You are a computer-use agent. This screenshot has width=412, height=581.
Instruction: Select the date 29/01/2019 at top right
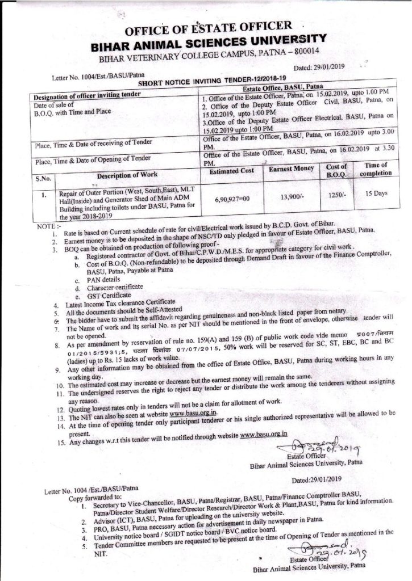pos(334,67)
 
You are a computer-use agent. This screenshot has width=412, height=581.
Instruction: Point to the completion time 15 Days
pos(376,193)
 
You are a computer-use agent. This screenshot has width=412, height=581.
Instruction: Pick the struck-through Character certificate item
pos(111,288)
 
